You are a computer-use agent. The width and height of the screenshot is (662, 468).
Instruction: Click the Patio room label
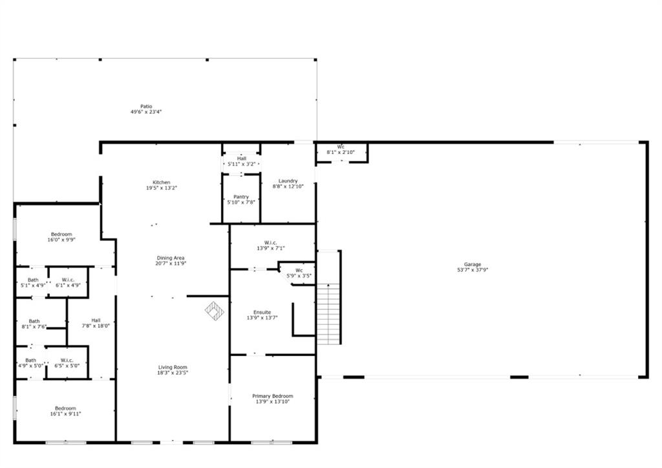point(146,107)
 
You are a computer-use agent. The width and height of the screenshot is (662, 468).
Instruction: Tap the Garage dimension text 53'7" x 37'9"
point(473,270)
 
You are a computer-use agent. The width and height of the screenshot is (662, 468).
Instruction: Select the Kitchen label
point(161,183)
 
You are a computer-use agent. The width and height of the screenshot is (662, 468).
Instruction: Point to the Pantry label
point(241,197)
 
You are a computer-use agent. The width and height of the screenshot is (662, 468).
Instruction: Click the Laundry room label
point(288,181)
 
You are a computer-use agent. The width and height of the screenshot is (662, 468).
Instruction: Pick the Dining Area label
point(171,258)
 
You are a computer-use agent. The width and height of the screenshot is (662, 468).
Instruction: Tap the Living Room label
point(172,368)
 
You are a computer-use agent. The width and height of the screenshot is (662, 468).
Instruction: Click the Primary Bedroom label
point(273,396)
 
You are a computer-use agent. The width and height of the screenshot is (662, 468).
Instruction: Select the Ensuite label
point(262,313)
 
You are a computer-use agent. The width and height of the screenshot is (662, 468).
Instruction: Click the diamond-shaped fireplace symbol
point(215,311)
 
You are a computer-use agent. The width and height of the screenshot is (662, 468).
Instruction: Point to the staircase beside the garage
point(328,313)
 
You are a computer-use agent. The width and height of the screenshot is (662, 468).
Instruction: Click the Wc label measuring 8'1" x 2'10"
point(341,147)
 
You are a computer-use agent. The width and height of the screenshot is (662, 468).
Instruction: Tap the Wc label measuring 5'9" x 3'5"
point(299,271)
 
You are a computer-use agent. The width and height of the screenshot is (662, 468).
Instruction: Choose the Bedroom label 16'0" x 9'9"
point(61,234)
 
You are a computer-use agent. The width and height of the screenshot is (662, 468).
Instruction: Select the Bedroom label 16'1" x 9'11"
point(65,408)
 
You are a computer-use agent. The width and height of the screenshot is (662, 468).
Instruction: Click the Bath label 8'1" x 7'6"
point(34,321)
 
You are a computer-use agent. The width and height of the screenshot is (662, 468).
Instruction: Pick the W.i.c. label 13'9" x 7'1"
point(271,243)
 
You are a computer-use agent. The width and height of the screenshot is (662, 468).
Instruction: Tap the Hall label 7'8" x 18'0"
point(96,320)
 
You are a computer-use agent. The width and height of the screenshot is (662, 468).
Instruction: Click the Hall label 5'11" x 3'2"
point(242,159)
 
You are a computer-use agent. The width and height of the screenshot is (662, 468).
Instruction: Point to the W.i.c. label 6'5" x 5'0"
point(67,360)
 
